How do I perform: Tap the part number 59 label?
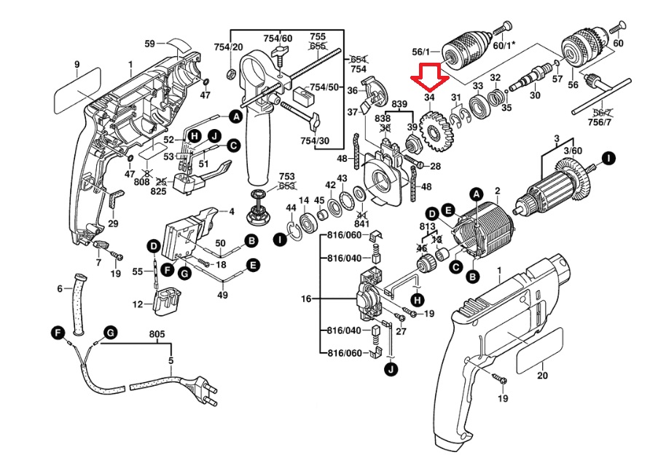pyautogui.click(x=149, y=44)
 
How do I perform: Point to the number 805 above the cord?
pyautogui.click(x=157, y=335)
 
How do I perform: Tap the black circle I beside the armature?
pyautogui.click(x=607, y=157)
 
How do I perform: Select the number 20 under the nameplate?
pyautogui.click(x=541, y=375)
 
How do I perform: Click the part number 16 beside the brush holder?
pyautogui.click(x=306, y=299)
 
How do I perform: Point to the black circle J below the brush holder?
pyautogui.click(x=392, y=370)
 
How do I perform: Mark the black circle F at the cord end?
pyautogui.click(x=58, y=332)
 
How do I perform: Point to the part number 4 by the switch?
pyautogui.click(x=231, y=212)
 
